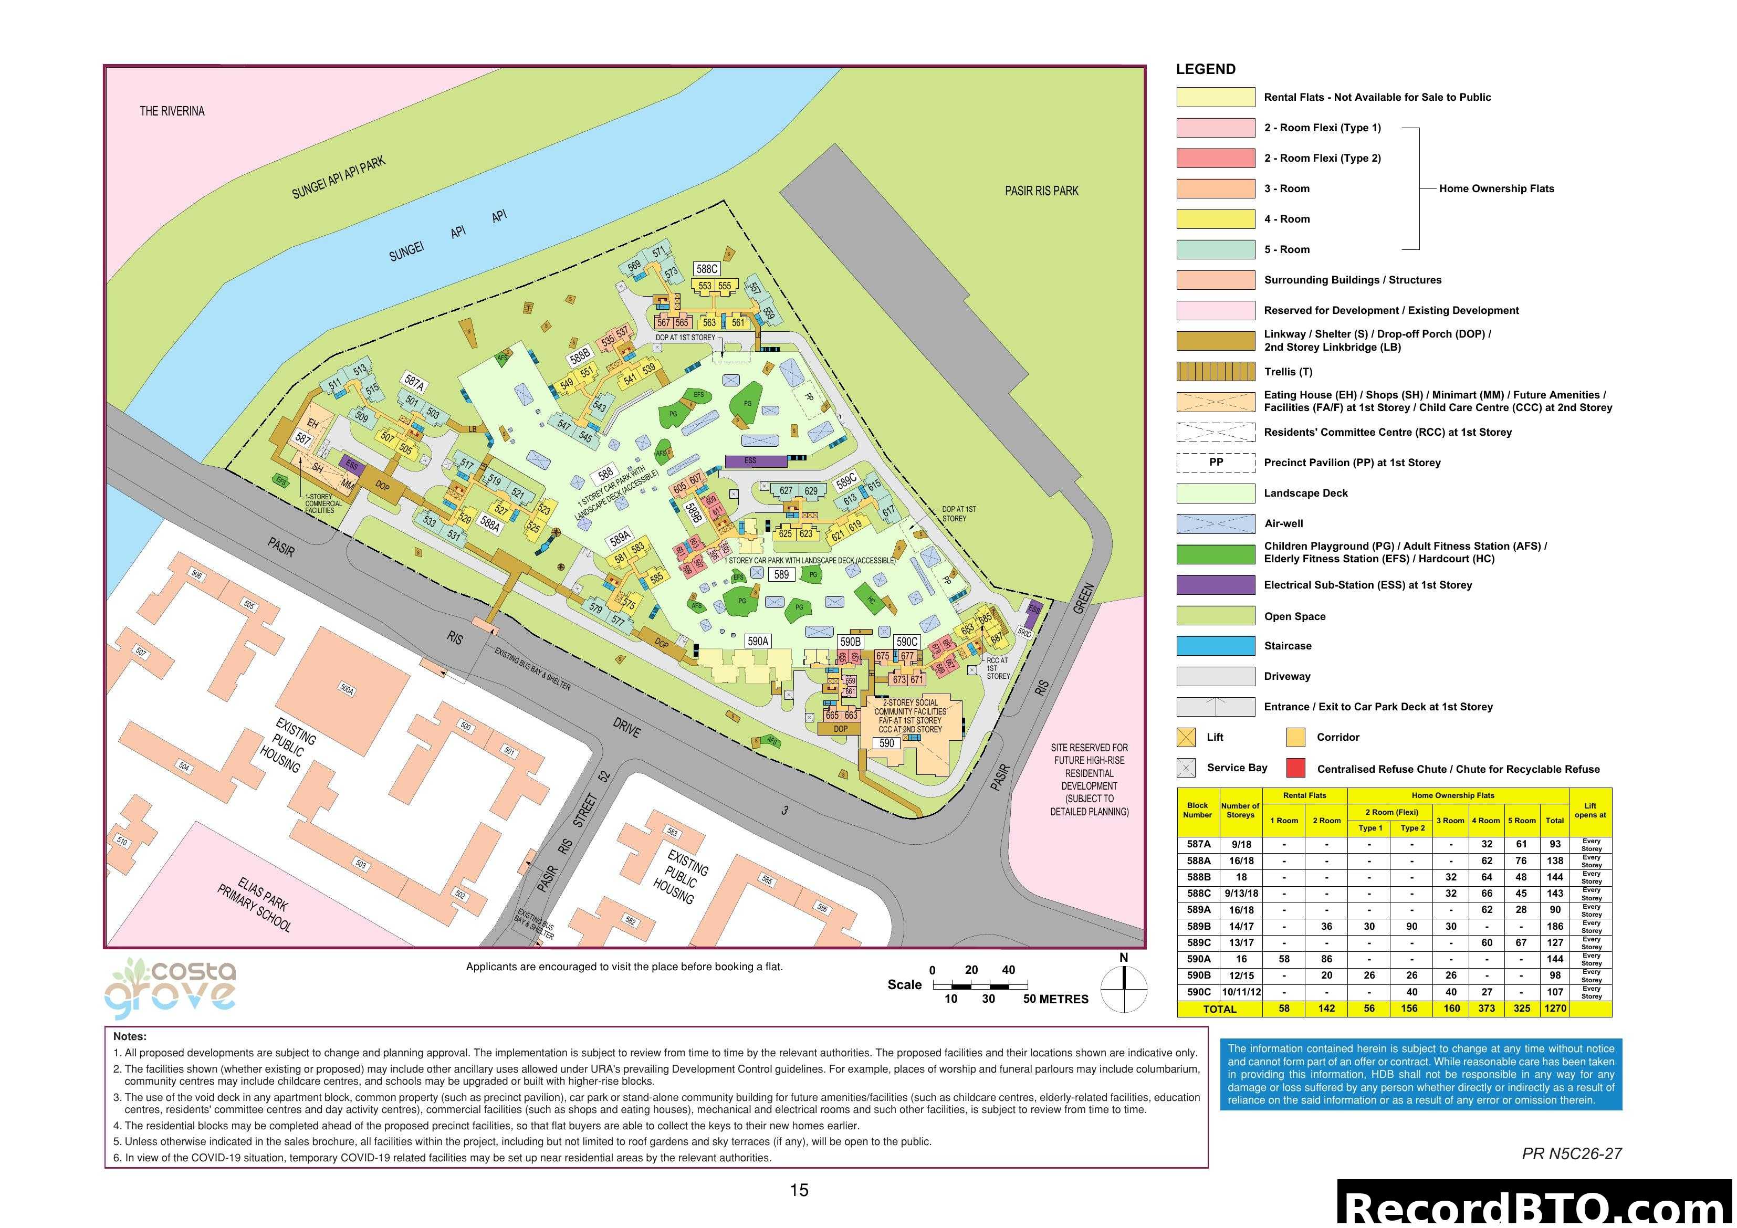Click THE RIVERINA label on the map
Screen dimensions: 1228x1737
click(x=172, y=111)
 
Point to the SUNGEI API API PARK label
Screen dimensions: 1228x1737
click(x=338, y=178)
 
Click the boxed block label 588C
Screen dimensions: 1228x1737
click(x=707, y=269)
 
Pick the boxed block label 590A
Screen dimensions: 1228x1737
click(x=757, y=641)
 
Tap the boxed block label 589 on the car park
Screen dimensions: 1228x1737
click(x=781, y=574)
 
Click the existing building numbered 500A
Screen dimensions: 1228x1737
click(x=347, y=689)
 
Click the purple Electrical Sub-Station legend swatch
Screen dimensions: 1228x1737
click(x=1215, y=585)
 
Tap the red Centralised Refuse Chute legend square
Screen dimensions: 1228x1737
click(x=1296, y=768)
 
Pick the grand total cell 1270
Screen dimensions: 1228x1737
click(x=1555, y=1009)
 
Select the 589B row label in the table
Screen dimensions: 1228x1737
click(x=1198, y=926)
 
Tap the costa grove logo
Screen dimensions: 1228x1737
click(x=171, y=986)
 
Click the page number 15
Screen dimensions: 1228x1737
click(x=799, y=1190)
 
